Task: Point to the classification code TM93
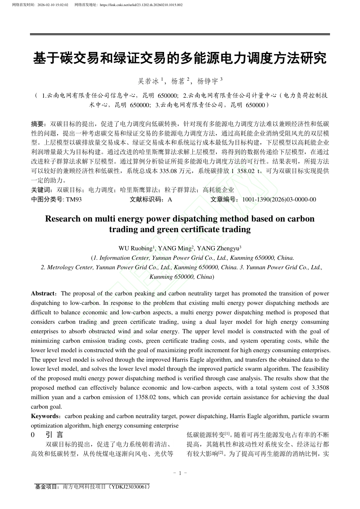click(x=74, y=200)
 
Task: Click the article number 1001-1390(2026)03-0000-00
click(x=279, y=200)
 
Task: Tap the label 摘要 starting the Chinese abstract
click(x=38, y=124)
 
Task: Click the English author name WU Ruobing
click(x=135, y=248)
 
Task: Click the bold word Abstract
click(x=43, y=294)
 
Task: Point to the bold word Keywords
click(x=45, y=416)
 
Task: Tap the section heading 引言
click(x=55, y=435)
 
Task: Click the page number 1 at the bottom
click(x=180, y=473)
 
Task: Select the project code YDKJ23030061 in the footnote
click(x=129, y=487)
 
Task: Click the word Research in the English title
click(x=63, y=219)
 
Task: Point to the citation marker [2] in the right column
click(x=221, y=452)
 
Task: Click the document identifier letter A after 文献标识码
click(x=170, y=200)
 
